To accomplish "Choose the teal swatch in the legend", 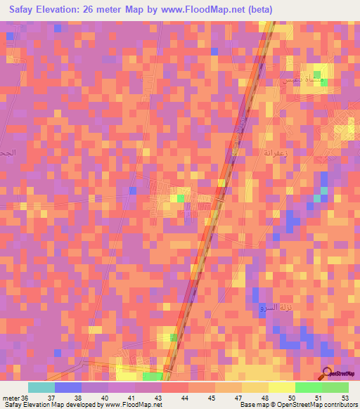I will click(x=41, y=387).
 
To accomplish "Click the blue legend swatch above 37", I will click(x=68, y=387).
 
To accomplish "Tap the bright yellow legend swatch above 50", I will click(x=282, y=387).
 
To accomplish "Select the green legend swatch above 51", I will click(x=309, y=387).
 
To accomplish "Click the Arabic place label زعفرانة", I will click(x=271, y=151).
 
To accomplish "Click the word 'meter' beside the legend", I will click(x=11, y=398).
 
